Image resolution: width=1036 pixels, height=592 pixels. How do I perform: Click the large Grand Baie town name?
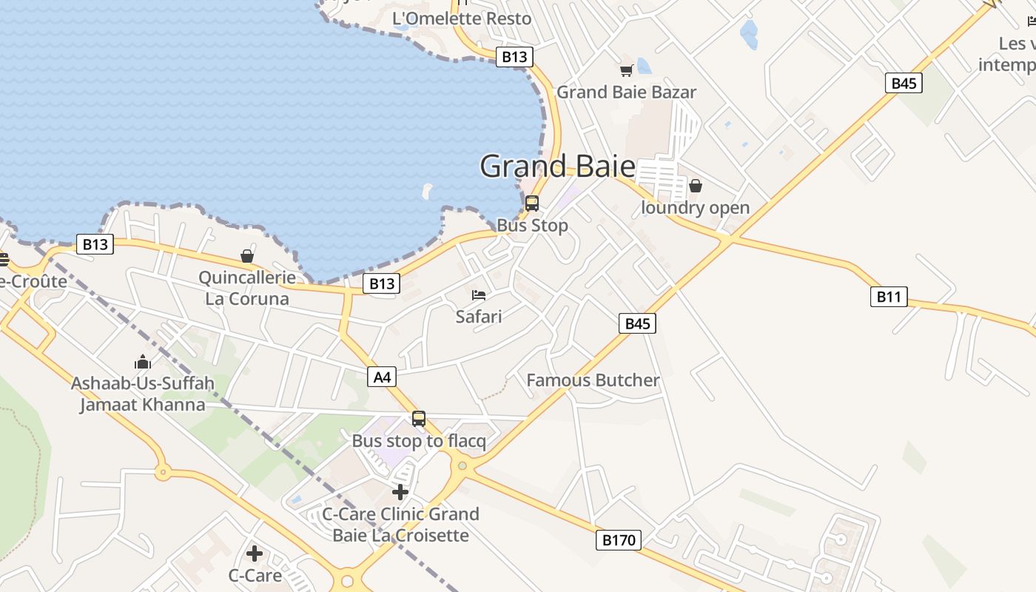coord(557,166)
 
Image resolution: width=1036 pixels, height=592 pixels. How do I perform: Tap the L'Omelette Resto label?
coord(462,18)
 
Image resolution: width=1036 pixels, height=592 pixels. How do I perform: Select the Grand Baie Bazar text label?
coord(626,92)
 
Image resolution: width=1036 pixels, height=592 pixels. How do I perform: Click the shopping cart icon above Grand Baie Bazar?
coord(626,71)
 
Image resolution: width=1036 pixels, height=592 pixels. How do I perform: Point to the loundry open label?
coord(695,208)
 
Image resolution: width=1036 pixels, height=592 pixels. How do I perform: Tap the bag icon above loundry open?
coord(696,186)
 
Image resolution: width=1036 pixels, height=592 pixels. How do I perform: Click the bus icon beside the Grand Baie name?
coord(532,203)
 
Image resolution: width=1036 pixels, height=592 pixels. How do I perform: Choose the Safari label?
coord(479,317)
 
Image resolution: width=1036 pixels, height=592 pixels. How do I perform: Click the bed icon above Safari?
coord(479,295)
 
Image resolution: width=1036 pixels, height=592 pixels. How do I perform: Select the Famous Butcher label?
coord(593,380)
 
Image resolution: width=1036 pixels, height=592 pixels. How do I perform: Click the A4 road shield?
coord(382,377)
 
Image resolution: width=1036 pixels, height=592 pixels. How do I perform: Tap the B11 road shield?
coord(888,297)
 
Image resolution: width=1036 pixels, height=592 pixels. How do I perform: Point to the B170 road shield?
coord(619,540)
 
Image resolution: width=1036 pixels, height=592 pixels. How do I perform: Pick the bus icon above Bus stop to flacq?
coord(419,419)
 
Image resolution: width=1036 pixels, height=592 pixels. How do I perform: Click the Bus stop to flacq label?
coord(419,441)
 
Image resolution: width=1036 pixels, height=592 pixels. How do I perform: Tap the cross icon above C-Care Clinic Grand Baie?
coord(400,492)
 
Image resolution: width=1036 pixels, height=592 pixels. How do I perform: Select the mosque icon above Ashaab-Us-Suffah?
coord(143,362)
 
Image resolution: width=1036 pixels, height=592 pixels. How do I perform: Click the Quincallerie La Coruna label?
coord(247,288)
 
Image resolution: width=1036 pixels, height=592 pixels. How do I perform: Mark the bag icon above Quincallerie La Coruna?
coord(247,256)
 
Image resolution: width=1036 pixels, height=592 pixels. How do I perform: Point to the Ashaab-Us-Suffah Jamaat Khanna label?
coord(143,394)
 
